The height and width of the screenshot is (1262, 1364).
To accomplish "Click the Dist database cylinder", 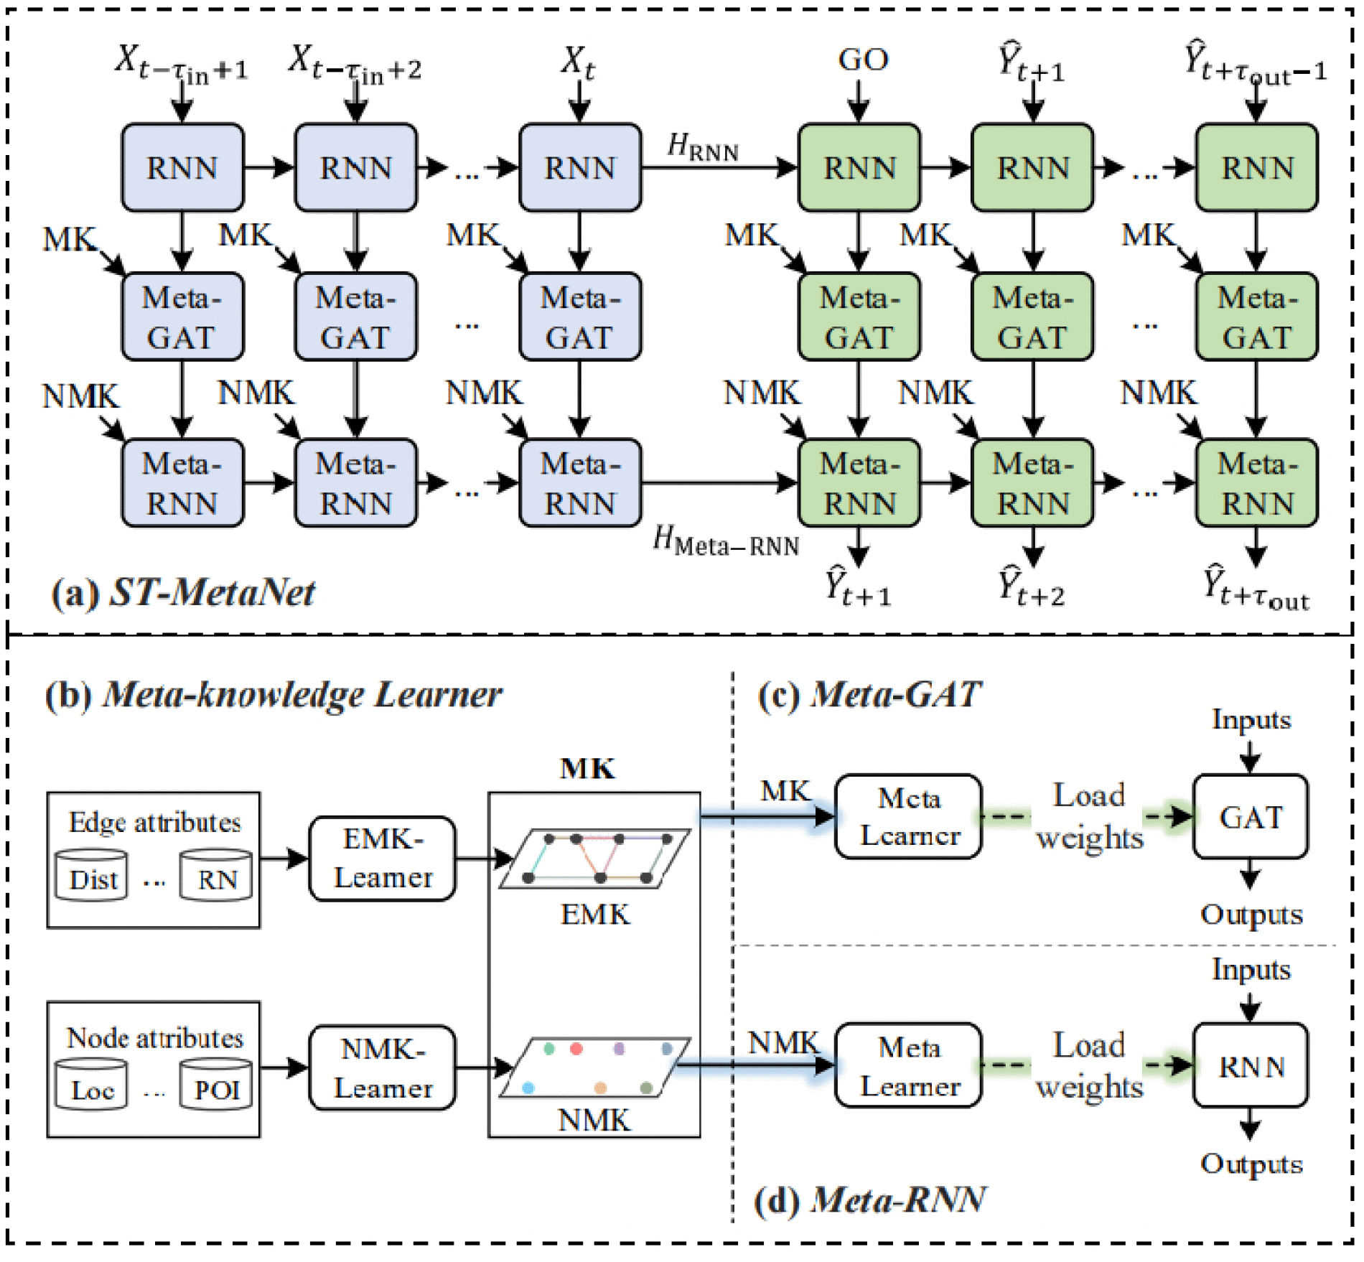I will tap(92, 876).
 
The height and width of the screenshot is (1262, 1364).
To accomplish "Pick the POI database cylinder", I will tap(216, 1085).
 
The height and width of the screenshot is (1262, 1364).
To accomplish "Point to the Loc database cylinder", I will tap(92, 1085).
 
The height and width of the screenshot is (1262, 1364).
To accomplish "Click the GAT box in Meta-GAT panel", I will tap(1251, 817).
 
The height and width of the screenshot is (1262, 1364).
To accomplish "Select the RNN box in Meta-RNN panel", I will tap(1251, 1066).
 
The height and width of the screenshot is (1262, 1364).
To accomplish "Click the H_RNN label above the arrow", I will tap(702, 146).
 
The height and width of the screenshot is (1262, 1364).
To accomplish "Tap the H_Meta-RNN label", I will tap(725, 542).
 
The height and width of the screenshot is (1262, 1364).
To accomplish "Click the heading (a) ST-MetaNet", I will tap(183, 593).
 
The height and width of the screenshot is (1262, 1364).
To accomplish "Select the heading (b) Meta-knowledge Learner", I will tap(273, 695).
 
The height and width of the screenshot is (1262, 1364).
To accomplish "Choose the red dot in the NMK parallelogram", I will tap(576, 1049).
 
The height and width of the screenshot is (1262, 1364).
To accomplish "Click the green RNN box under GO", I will tap(859, 168).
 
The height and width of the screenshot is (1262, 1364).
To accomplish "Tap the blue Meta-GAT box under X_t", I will tap(580, 317).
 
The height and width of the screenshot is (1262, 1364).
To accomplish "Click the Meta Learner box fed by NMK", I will tap(908, 1066).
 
